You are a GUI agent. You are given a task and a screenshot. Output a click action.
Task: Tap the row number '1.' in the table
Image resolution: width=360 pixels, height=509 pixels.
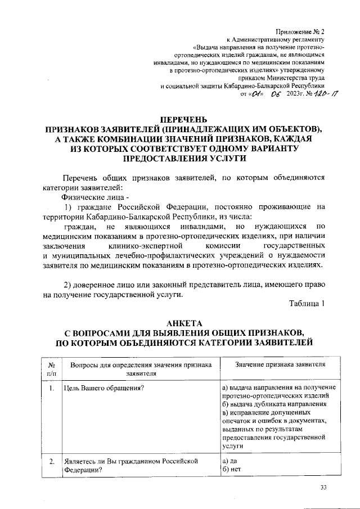tap(51, 388)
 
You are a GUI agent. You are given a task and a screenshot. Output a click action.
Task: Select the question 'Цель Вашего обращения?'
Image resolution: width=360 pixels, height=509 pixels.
tap(101, 388)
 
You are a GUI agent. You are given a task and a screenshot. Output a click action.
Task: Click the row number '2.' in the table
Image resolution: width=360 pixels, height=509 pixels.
tap(51, 462)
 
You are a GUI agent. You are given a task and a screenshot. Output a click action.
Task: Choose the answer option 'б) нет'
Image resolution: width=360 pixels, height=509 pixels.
tap(231, 471)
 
